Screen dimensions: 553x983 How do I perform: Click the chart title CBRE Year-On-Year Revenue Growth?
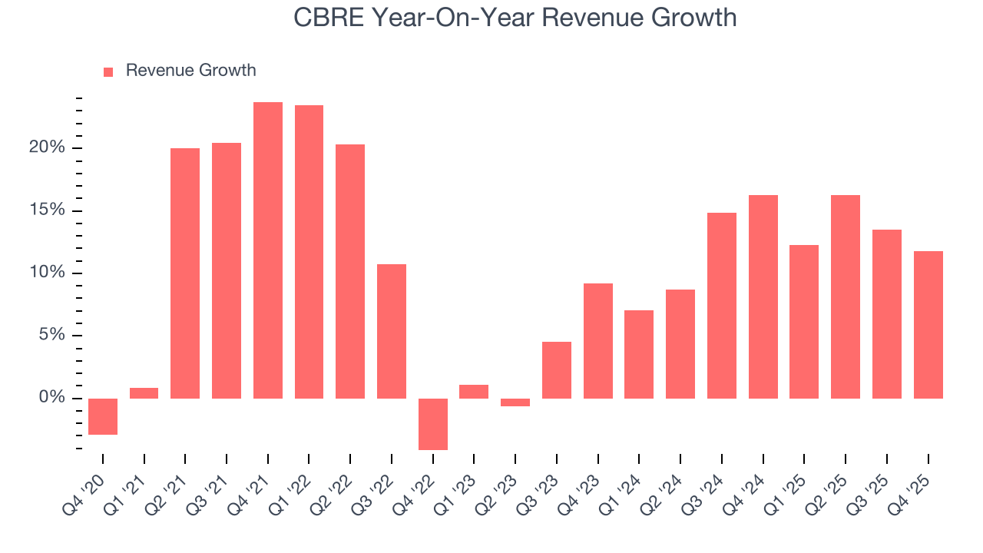coord(515,17)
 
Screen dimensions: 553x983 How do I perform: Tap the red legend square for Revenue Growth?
coord(108,71)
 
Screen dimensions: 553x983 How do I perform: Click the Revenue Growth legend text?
coord(190,71)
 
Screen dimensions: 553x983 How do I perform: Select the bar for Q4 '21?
coord(268,250)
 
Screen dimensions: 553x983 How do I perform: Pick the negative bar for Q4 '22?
coord(433,424)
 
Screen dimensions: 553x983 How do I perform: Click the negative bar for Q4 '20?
coord(103,416)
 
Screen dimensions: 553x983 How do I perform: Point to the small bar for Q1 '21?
coord(144,393)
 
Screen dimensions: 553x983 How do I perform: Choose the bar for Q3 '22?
coord(392,331)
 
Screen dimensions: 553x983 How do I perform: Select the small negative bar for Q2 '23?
coord(515,402)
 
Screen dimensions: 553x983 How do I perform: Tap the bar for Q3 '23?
coord(557,370)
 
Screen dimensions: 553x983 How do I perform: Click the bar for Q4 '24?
coord(763,296)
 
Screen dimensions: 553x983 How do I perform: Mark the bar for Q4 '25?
coord(928,324)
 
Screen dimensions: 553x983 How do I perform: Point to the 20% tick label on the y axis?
coord(48,147)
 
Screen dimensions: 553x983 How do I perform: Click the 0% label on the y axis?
coord(53,398)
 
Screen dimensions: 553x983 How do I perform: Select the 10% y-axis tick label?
coord(48,273)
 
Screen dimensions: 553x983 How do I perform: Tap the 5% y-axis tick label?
coord(51,336)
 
